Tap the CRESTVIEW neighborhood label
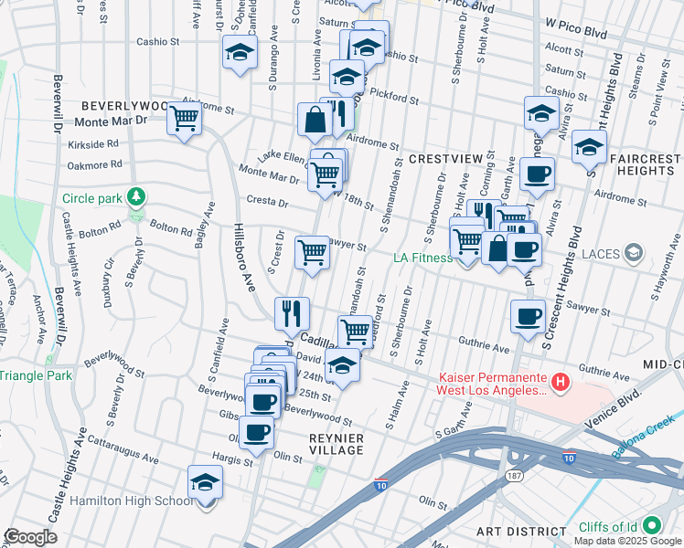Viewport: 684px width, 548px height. (x=444, y=159)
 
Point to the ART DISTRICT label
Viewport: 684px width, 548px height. (x=521, y=532)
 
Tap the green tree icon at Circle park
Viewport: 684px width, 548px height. (x=135, y=196)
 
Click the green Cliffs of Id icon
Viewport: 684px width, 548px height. (x=652, y=526)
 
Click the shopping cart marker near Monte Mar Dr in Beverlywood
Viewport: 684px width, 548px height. (x=185, y=118)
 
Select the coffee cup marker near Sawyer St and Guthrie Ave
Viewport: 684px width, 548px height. (x=528, y=316)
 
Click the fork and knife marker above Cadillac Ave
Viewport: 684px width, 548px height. (x=293, y=313)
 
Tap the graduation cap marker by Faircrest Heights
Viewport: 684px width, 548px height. (x=589, y=146)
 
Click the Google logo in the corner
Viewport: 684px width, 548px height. (x=30, y=537)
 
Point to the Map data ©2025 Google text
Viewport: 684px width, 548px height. (x=627, y=541)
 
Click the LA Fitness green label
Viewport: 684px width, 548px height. (x=423, y=258)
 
